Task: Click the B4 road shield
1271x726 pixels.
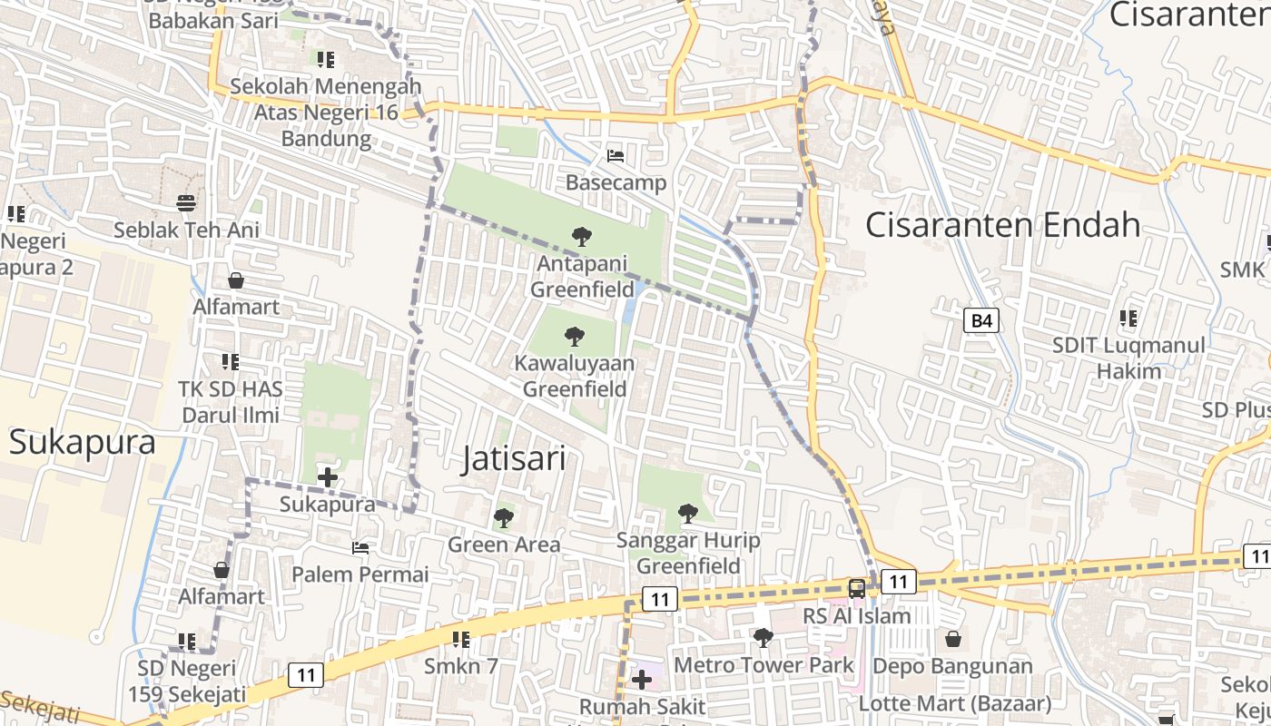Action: click(980, 320)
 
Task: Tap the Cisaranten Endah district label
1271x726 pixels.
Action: click(1002, 224)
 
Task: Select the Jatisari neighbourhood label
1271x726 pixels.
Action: click(514, 458)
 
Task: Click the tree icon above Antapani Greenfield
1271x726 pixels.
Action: click(582, 238)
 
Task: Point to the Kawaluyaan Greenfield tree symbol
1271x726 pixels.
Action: click(574, 338)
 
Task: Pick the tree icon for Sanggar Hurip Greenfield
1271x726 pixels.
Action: click(688, 514)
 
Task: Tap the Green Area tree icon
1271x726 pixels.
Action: click(503, 518)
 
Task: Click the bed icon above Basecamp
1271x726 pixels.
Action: click(616, 156)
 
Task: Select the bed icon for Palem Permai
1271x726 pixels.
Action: click(360, 548)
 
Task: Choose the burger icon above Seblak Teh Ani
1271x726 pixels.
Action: click(186, 202)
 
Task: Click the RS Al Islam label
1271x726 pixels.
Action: click(856, 615)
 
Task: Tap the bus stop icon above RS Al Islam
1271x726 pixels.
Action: click(856, 588)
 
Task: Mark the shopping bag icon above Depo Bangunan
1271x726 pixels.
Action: click(952, 639)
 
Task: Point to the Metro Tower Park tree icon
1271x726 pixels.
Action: click(764, 639)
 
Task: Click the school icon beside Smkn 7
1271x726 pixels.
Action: click(461, 640)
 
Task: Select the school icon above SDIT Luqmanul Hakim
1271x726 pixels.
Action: click(1128, 319)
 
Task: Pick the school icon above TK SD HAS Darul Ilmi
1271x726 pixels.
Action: click(231, 362)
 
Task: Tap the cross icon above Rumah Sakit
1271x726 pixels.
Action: click(642, 679)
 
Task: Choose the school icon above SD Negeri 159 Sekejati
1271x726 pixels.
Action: click(187, 642)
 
